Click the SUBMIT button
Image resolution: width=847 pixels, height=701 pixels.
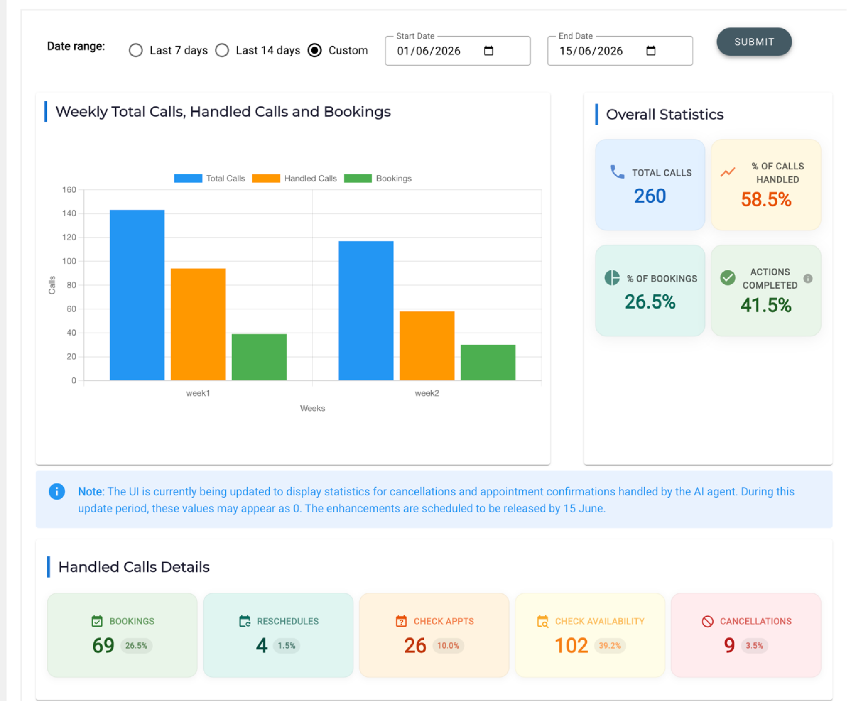[754, 42]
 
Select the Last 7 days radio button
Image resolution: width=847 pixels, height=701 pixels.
[136, 50]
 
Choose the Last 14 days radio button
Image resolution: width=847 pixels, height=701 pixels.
[222, 50]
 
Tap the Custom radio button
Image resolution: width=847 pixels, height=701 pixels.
[315, 50]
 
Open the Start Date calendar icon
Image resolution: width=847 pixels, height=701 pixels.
[489, 50]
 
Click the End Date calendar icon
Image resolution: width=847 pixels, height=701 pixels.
[651, 50]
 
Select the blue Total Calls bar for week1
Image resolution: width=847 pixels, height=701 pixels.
[137, 295]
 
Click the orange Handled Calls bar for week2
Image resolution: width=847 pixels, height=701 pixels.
[427, 346]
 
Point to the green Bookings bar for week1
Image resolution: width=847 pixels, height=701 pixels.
[259, 357]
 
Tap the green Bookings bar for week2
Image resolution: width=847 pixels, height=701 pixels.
[488, 362]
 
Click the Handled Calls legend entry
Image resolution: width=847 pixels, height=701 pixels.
[294, 178]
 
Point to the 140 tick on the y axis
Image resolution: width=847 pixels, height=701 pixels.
[69, 213]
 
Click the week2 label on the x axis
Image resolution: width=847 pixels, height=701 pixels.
[427, 393]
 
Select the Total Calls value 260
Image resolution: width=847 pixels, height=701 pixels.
[650, 196]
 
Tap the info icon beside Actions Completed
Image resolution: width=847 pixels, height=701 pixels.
[808, 278]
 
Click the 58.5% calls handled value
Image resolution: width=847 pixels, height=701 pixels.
[766, 199]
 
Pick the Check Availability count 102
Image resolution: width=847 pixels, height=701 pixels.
[571, 646]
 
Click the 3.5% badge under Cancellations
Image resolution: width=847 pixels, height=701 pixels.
[754, 646]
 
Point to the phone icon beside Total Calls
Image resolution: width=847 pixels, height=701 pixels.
[617, 172]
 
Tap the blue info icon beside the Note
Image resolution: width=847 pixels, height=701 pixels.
[57, 491]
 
